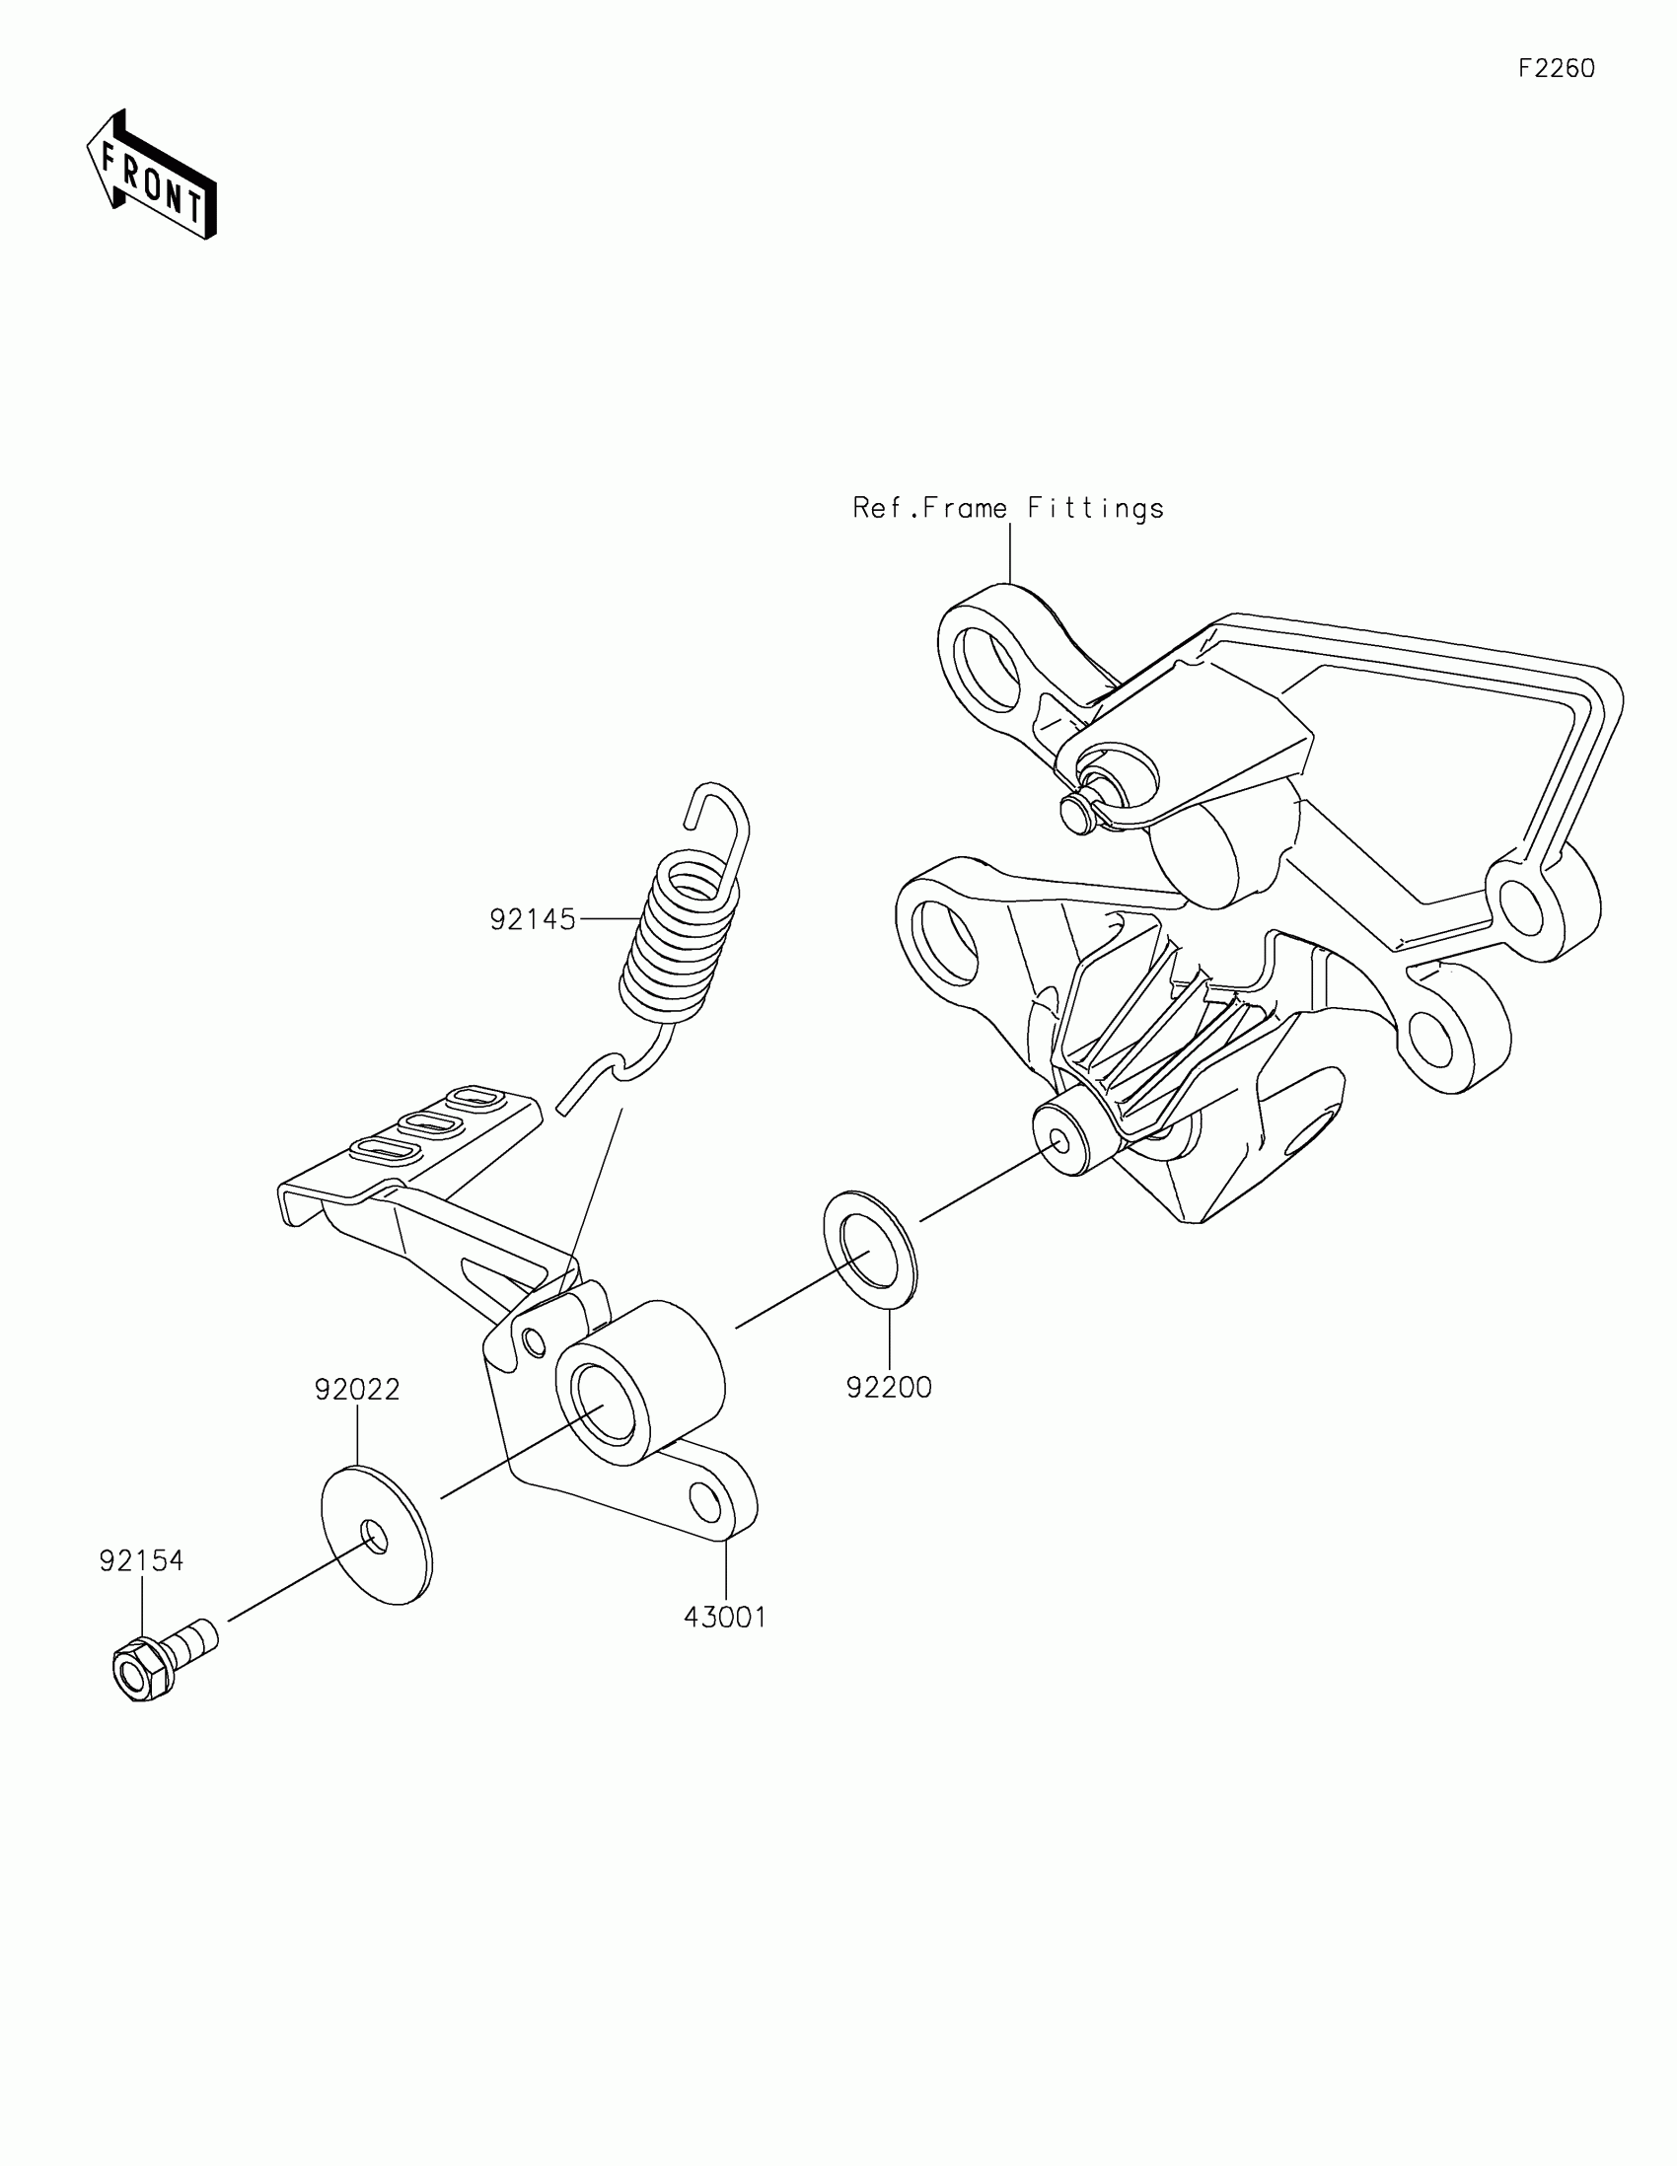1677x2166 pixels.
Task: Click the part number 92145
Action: click(533, 919)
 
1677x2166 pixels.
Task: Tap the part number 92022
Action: click(357, 1390)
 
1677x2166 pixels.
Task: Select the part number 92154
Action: click(141, 1561)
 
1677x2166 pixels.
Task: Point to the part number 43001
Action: click(725, 1618)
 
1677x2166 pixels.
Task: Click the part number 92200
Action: click(889, 1388)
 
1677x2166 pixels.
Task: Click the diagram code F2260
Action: click(1556, 68)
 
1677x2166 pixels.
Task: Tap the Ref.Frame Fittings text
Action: click(1008, 509)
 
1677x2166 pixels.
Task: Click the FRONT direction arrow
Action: click(152, 176)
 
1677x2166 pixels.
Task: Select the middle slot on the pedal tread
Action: click(426, 1123)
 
